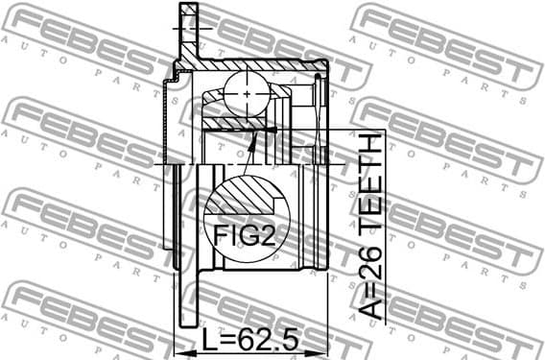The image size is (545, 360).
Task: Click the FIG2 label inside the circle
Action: point(245,235)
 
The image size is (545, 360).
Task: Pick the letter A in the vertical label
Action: point(369,306)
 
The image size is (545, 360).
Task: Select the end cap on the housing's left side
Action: point(172,120)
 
